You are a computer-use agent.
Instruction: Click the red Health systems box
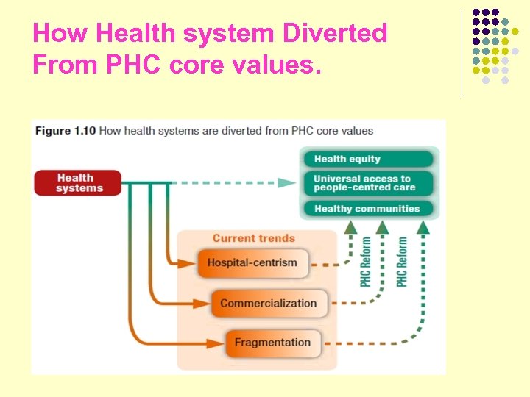[76, 182]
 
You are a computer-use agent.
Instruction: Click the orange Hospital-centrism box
[252, 262]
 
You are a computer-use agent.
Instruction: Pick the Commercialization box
[268, 303]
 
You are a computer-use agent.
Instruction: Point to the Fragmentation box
[272, 343]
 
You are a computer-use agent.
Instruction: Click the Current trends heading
[254, 238]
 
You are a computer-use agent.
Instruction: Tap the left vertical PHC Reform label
[366, 262]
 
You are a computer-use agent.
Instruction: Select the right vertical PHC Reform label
[402, 262]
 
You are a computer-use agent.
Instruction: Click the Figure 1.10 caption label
[63, 131]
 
